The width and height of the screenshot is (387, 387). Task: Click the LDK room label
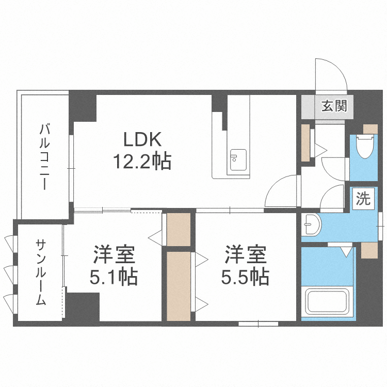142,139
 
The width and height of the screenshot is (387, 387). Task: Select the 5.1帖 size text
114,278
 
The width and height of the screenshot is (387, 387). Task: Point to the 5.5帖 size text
245,278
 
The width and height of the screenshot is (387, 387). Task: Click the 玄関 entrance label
334,107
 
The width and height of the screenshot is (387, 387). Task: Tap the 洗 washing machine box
363,199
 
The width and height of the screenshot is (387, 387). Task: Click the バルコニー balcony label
45,156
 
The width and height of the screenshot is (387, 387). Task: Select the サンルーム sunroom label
41,272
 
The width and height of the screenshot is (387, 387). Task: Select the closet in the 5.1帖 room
179,229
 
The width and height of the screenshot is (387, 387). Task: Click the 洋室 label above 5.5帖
245,255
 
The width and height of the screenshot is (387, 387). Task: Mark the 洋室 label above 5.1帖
114,255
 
